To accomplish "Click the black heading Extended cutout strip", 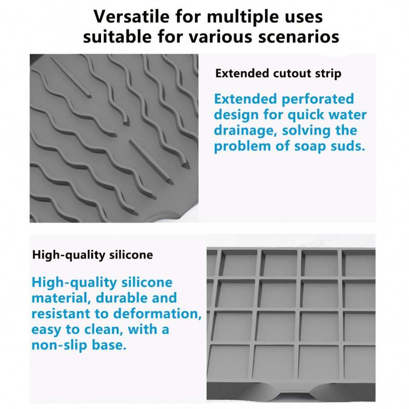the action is point(278,73).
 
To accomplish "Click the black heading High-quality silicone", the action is point(92,255).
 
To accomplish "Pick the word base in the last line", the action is point(109,345).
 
